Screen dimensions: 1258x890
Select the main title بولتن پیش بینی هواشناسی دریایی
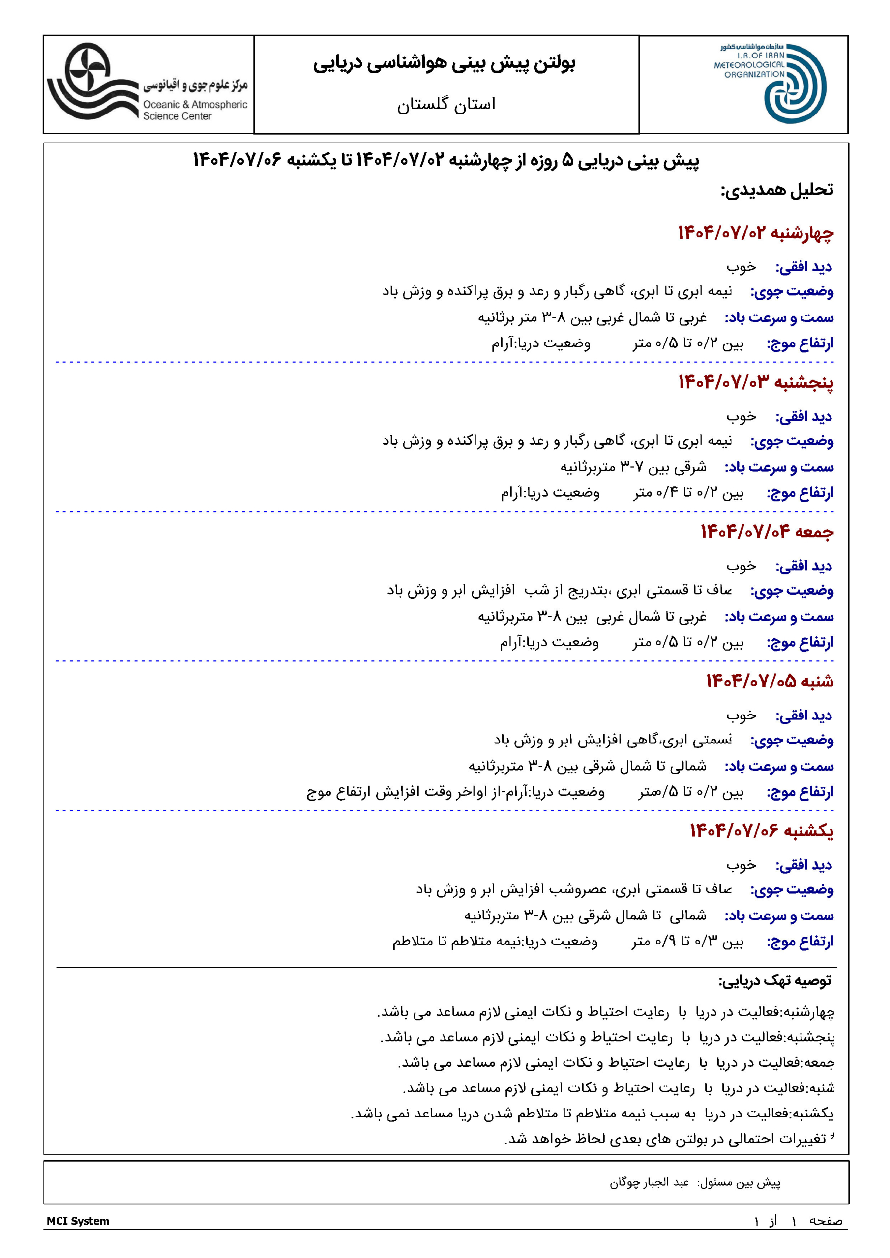(x=444, y=63)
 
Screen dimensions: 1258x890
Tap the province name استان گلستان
(x=446, y=104)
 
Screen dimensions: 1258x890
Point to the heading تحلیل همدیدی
(x=776, y=190)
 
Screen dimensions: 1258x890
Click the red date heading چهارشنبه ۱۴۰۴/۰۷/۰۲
(x=756, y=233)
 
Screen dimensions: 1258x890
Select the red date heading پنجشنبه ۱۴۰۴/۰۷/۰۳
(x=756, y=382)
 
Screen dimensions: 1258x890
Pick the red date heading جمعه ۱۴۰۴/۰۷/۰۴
(x=767, y=532)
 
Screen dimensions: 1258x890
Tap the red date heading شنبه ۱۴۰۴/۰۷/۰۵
(x=770, y=681)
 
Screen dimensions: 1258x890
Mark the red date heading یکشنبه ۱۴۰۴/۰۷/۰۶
(x=761, y=830)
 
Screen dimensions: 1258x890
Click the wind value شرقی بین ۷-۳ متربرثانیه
(x=633, y=467)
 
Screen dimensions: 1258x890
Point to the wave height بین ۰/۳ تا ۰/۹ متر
(x=687, y=942)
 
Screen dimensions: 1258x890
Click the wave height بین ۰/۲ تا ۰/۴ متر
(x=688, y=493)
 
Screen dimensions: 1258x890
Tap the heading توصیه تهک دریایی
(x=775, y=981)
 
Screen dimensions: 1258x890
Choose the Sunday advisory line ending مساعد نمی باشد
(x=592, y=1114)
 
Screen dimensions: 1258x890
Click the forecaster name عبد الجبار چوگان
(x=649, y=1182)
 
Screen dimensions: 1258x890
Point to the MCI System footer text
(x=78, y=1221)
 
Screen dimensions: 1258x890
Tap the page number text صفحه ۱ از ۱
(x=798, y=1221)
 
